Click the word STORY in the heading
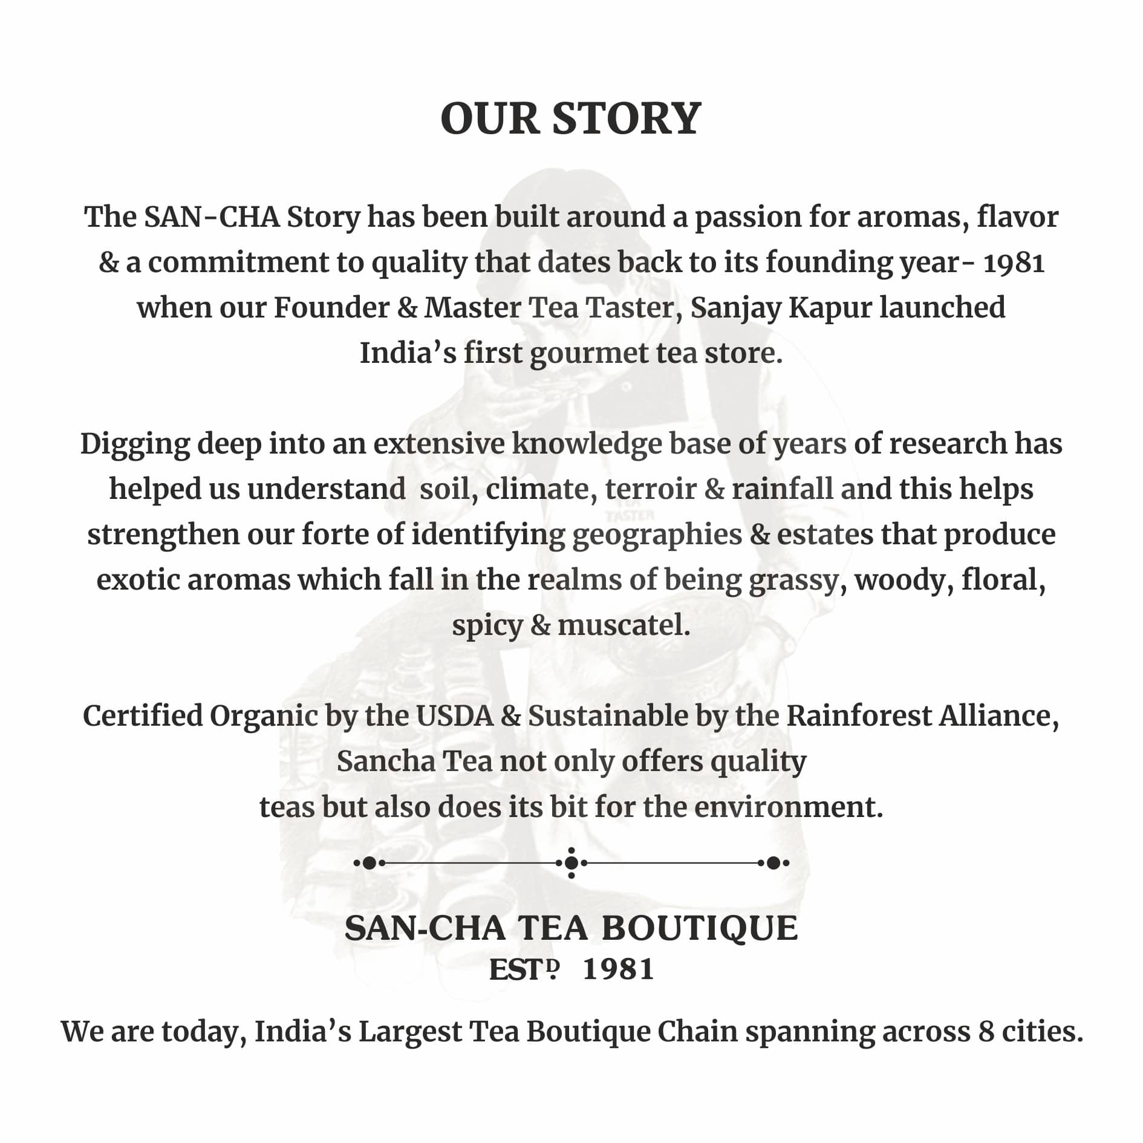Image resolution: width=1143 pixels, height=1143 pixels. [x=627, y=119]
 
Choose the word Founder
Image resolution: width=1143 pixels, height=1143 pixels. [x=331, y=308]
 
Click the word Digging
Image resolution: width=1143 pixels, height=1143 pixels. [x=135, y=444]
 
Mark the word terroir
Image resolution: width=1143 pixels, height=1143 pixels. [x=651, y=489]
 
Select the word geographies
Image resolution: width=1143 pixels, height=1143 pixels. [x=657, y=535]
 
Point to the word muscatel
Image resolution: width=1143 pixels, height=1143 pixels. [x=624, y=625]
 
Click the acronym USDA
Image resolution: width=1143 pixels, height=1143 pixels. [x=455, y=716]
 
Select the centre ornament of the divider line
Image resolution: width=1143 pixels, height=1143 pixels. [x=571, y=863]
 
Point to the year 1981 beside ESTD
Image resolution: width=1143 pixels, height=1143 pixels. [x=618, y=969]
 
